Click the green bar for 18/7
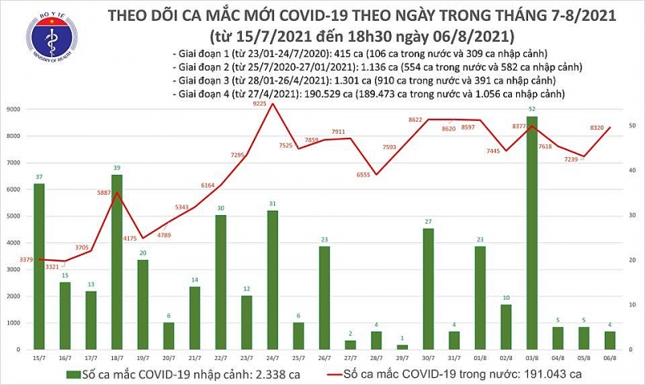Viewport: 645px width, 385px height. point(116,262)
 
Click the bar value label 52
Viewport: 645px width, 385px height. point(531,110)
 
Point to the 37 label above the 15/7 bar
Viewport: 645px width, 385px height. point(39,176)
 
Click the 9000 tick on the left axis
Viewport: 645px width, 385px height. point(15,109)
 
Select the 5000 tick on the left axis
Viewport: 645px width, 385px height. point(15,216)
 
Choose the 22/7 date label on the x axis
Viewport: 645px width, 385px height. point(220,358)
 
